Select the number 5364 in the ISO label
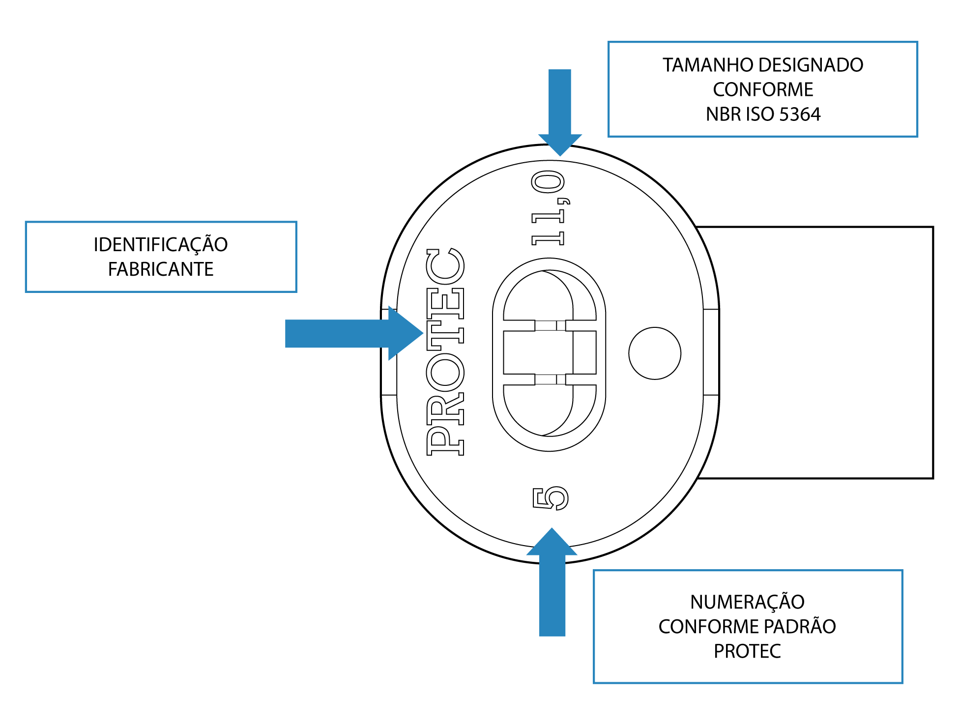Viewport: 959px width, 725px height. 800,115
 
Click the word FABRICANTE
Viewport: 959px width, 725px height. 161,269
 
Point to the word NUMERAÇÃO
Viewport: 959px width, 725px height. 747,602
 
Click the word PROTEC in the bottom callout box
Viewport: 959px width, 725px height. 747,651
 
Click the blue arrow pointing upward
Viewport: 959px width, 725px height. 552,585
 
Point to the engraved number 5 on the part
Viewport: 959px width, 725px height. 551,498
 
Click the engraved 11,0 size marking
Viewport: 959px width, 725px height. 549,207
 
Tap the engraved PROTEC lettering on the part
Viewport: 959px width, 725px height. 445,352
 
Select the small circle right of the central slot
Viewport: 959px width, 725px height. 655,353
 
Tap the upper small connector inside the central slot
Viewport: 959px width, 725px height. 550,325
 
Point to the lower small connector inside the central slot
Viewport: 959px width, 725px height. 550,379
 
